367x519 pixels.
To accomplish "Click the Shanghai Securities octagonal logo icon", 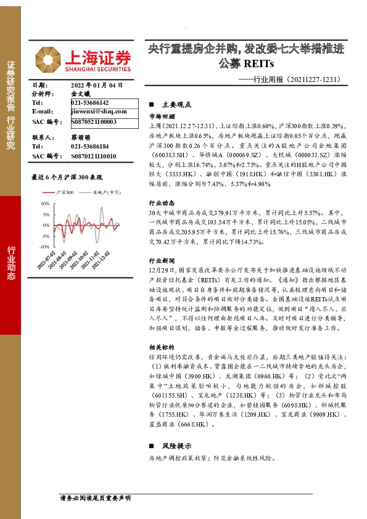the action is pyautogui.click(x=47, y=59).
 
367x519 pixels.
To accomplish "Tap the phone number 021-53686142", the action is pyautogui.click(x=90, y=102).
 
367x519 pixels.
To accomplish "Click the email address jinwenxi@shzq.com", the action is pyautogui.click(x=99, y=112).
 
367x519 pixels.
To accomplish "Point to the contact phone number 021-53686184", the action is pyautogui.click(x=90, y=147).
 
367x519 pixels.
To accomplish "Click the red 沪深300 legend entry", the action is pyautogui.click(x=60, y=193).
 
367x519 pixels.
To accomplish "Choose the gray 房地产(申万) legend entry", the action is pyautogui.click(x=102, y=193).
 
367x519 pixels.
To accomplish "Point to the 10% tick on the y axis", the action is pyautogui.click(x=45, y=203).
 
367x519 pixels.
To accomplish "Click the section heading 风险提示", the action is pyautogui.click(x=175, y=446).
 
